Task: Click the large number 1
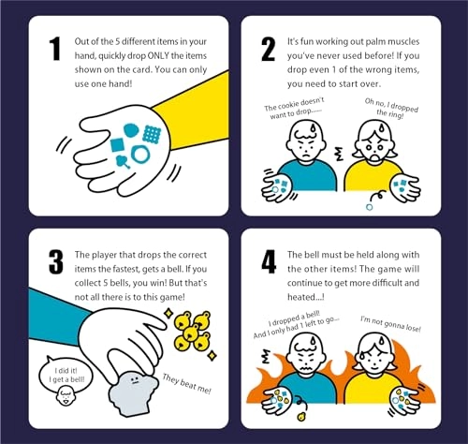55,49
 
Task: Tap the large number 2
269,49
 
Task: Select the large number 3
56,262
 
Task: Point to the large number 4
269,262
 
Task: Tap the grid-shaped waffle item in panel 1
152,135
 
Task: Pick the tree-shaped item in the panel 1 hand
123,162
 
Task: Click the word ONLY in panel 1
158,56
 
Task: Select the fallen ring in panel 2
370,207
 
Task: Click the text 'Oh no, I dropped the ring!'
391,109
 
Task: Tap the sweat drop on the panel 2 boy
313,129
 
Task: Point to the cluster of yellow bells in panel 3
192,331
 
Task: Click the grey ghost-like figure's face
135,379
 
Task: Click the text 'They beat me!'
186,384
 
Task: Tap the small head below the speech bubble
66,395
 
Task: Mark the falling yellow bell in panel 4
301,417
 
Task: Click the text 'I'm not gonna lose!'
390,324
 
